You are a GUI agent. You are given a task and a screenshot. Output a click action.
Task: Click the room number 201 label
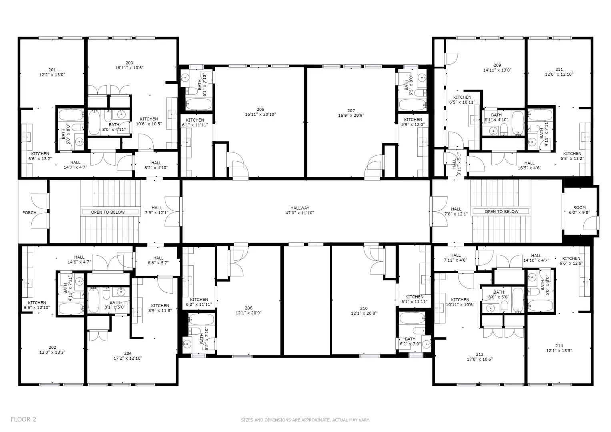click(x=52, y=70)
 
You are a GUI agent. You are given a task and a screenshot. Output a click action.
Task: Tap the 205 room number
click(x=260, y=110)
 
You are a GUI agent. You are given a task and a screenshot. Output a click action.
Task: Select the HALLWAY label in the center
click(x=300, y=208)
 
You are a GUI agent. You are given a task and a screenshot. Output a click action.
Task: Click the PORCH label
click(x=29, y=213)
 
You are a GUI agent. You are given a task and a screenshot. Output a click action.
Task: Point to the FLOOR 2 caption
click(x=24, y=420)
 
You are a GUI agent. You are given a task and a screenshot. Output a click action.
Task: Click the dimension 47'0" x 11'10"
click(x=300, y=213)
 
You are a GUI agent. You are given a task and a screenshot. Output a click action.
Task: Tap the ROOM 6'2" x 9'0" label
click(x=579, y=210)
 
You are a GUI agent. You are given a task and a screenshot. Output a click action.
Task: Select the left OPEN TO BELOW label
click(x=108, y=212)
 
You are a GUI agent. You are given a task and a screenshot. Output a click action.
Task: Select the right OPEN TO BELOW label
click(x=501, y=212)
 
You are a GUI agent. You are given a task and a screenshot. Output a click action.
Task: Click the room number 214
click(x=559, y=346)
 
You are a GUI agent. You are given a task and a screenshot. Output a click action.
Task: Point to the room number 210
click(x=364, y=308)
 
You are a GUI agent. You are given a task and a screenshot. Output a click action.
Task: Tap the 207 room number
click(x=351, y=110)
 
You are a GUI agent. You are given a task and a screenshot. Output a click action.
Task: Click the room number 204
click(x=128, y=354)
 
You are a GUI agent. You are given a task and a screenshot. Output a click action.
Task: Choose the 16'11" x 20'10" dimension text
click(x=260, y=114)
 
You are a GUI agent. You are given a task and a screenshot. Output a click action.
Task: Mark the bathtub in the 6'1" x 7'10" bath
click(x=198, y=104)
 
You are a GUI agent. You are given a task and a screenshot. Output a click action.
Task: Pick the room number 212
click(x=480, y=354)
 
